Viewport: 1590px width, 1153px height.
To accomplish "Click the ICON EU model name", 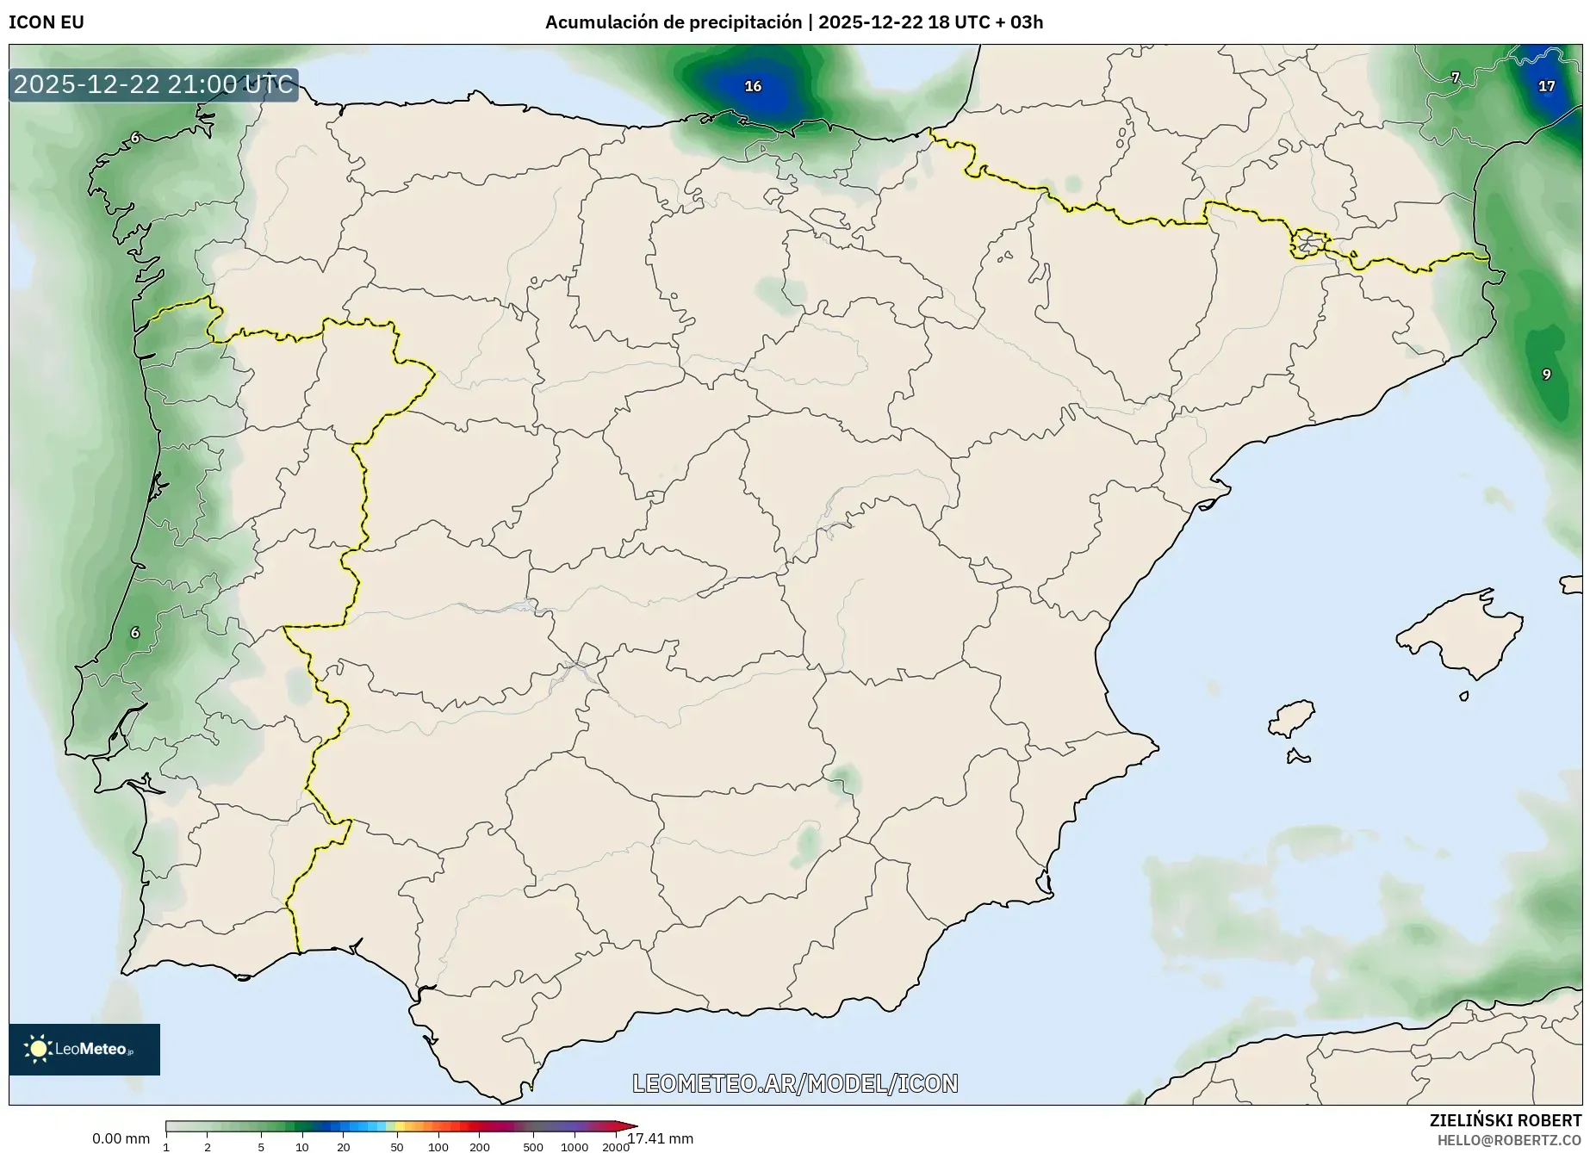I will click(47, 22).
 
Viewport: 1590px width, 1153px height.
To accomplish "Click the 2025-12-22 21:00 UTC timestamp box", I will click(153, 84).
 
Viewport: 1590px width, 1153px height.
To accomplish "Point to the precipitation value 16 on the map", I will click(753, 86).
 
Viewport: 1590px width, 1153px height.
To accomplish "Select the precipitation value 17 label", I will click(1546, 86).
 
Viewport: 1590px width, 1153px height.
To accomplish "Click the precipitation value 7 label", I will click(1455, 77).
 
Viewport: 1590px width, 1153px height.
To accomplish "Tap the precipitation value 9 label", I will click(1546, 375).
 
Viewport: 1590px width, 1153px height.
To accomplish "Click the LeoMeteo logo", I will click(84, 1049).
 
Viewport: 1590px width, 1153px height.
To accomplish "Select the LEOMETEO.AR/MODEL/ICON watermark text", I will click(795, 1083).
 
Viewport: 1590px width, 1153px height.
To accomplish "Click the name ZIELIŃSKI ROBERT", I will click(1505, 1120).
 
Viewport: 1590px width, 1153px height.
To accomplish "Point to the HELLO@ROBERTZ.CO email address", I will click(1509, 1140).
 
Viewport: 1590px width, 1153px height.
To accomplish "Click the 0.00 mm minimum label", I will click(121, 1138).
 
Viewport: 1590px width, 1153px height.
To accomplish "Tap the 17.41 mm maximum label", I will click(661, 1138).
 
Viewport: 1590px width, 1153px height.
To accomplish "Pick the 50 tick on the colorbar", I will click(396, 1146).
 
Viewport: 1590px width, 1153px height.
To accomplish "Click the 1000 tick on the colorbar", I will click(575, 1146).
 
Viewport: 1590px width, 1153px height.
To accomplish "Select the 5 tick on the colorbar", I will click(261, 1146).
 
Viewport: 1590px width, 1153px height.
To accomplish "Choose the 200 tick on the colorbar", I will click(480, 1146).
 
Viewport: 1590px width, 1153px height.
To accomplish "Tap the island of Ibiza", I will click(1293, 717).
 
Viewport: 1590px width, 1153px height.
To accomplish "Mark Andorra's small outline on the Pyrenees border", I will click(1307, 244).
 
